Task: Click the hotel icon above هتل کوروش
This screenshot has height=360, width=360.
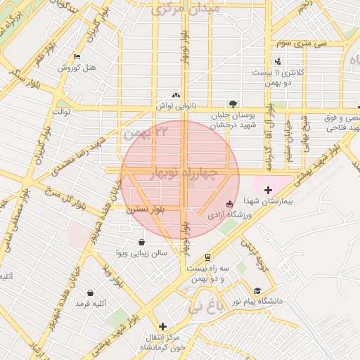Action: pos(77,56)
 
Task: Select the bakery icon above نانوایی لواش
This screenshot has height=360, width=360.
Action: pos(176,95)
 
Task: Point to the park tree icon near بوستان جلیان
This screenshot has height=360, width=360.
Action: pos(233,103)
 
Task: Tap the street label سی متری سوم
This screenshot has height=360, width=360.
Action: pos(301,44)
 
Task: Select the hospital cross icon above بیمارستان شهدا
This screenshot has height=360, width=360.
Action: pos(268,189)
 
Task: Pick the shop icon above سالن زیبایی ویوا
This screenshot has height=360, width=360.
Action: pos(143,242)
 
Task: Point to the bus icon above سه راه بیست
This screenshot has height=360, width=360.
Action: pos(207,257)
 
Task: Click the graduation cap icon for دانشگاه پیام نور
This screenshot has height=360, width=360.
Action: pos(257,290)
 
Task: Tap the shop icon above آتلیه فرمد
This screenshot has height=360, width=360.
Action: pos(90,292)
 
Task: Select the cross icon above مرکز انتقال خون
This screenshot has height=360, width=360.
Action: pos(163,326)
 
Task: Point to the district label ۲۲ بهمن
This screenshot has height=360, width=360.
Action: pos(146,131)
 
